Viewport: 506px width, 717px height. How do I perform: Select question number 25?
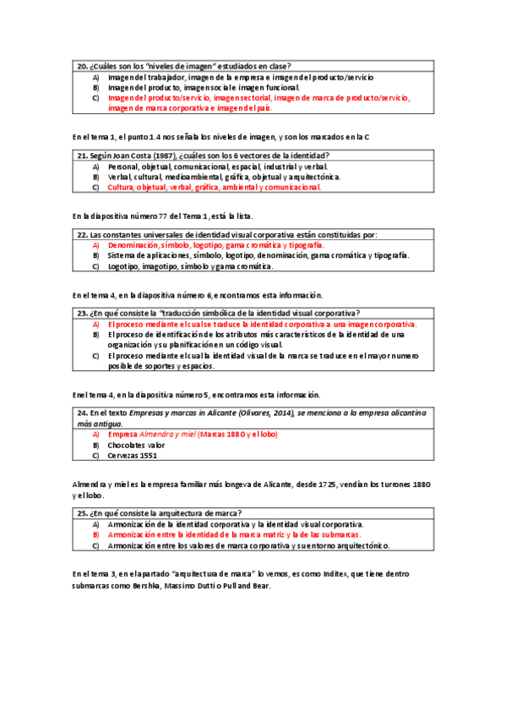pos(82,513)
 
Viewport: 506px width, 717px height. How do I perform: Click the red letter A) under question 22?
pos(95,244)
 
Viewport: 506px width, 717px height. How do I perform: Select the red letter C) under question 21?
pos(95,188)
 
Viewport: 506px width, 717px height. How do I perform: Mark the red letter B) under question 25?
pos(95,535)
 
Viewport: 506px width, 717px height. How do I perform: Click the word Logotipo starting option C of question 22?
pos(123,266)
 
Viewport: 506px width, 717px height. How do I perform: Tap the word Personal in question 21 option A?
pos(124,167)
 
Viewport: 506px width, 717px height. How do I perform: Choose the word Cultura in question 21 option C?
pos(122,188)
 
